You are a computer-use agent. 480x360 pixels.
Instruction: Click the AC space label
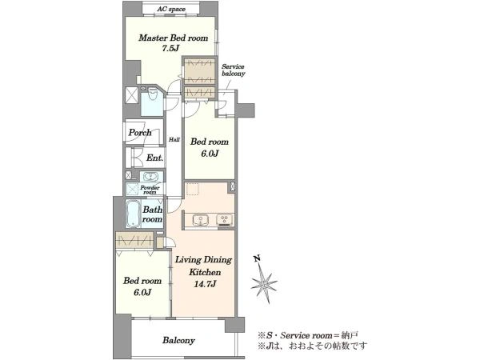[x=171, y=9]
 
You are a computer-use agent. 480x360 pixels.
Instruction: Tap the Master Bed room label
[x=174, y=38]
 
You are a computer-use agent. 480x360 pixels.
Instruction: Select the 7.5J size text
[x=170, y=48]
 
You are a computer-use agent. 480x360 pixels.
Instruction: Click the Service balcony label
[x=234, y=70]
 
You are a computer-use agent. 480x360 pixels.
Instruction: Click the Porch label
[x=140, y=133]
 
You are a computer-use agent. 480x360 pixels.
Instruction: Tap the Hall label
[x=174, y=139]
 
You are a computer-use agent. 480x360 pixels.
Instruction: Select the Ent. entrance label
[x=154, y=158]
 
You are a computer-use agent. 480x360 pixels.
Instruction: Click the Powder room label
[x=150, y=190]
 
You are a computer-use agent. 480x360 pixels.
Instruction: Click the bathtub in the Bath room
[x=133, y=214]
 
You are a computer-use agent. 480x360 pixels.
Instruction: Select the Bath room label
[x=152, y=214]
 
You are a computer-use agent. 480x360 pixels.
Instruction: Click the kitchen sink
[x=201, y=220]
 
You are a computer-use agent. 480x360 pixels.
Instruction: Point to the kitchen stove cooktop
[x=224, y=220]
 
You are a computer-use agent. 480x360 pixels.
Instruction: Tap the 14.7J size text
[x=205, y=284]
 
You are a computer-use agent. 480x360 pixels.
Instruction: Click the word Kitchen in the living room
[x=205, y=272]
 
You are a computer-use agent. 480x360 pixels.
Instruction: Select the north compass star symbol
[x=264, y=284]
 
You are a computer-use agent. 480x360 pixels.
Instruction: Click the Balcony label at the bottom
[x=178, y=341]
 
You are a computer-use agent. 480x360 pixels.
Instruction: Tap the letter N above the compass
[x=258, y=259]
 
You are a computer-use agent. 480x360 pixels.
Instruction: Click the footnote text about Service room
[x=308, y=335]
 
